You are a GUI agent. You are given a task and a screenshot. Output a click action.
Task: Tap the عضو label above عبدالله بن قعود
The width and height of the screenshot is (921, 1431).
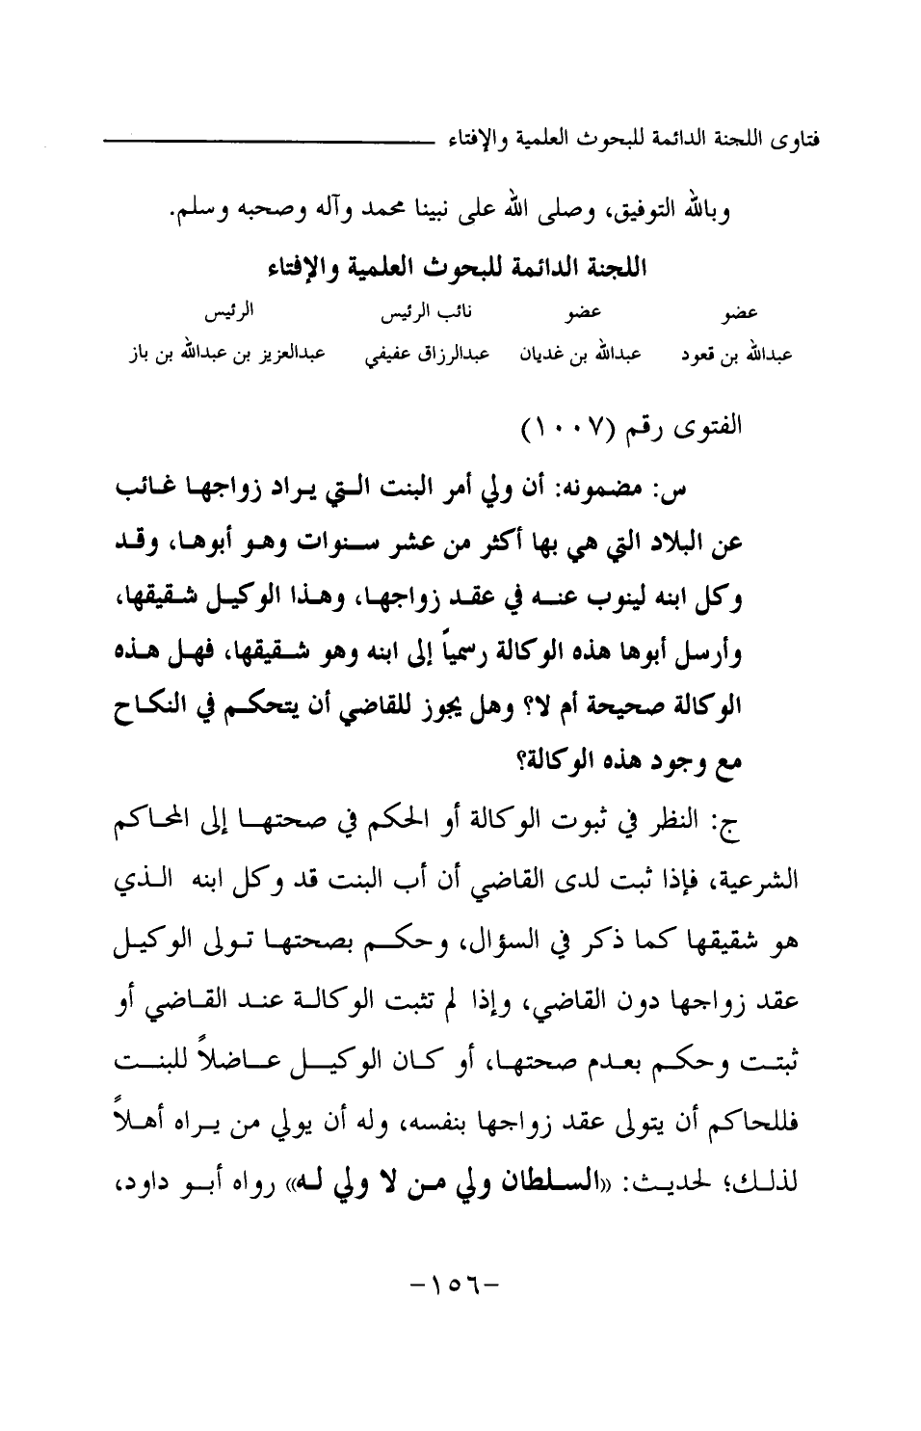coord(740,314)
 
